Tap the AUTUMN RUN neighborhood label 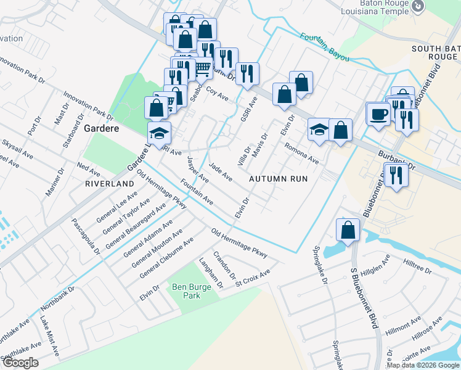tap(278, 178)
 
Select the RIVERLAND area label tap(110, 184)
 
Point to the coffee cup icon tap(378, 114)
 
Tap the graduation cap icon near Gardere tap(159, 133)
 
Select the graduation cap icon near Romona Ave tap(319, 129)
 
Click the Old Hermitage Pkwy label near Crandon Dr tap(240, 243)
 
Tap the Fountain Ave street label tap(197, 192)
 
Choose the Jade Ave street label tap(221, 171)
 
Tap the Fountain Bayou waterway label tap(325, 47)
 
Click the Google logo tap(20, 363)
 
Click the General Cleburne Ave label tap(166, 257)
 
